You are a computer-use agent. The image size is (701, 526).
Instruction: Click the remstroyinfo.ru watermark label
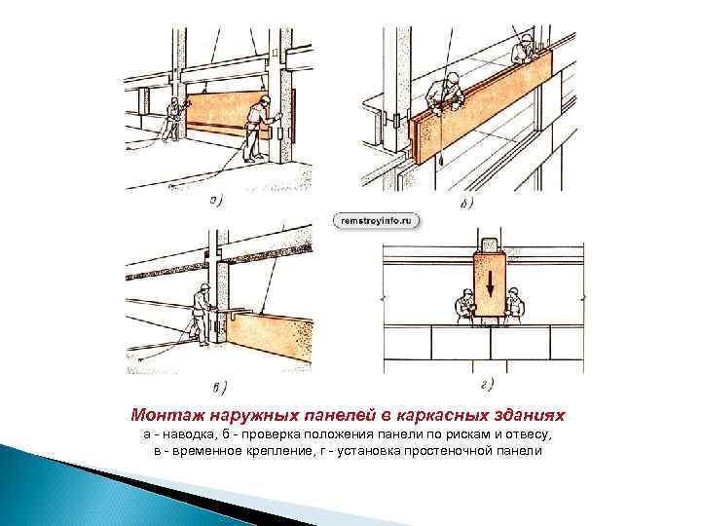pos(377,221)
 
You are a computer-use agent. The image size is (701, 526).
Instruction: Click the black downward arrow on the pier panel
pos(490,284)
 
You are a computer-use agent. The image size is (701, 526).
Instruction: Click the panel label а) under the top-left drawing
pos(216,201)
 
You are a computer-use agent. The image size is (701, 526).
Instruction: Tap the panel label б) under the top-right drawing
pos(466,204)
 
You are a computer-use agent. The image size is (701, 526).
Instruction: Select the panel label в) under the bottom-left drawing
pos(219,388)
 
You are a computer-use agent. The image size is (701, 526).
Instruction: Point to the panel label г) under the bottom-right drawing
pos(488,384)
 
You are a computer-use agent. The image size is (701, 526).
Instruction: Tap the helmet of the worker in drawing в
pos(205,286)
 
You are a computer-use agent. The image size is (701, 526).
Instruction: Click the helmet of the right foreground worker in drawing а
pos(265,99)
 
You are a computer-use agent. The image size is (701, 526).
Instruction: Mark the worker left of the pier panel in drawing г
pos(464,307)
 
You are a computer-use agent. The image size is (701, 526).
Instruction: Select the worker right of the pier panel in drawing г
pos(515,306)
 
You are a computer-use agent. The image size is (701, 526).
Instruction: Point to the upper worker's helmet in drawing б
pos(527,39)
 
